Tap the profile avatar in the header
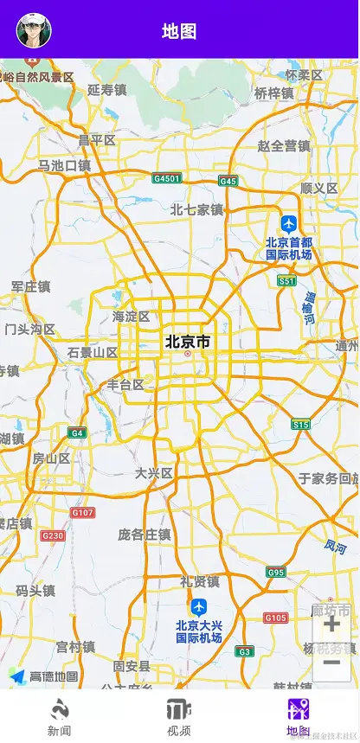point(34,30)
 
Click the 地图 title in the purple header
point(179,31)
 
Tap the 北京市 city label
point(188,342)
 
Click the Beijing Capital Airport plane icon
point(288,223)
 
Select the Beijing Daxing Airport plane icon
point(199,606)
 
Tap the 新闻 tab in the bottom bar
point(59,717)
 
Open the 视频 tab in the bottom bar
point(179,717)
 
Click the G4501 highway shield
point(166,178)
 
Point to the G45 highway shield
point(228,181)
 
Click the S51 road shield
point(287,281)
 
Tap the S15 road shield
point(300,424)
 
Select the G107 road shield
point(83,513)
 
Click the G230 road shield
point(53,536)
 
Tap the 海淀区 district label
point(131,317)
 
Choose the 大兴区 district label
point(154,473)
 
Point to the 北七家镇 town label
point(196,209)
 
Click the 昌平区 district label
point(96,140)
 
